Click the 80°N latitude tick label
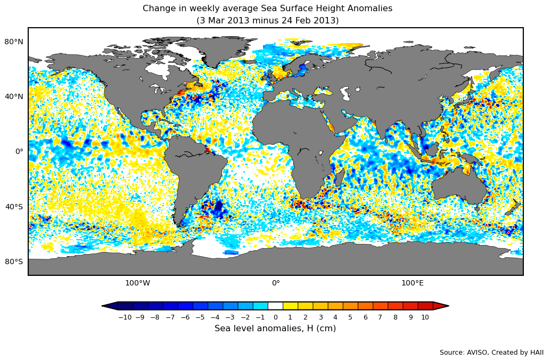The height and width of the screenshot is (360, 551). [14, 42]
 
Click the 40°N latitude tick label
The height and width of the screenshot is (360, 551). [14, 96]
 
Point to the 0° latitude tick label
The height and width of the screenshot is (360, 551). [19, 151]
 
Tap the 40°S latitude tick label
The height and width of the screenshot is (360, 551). [14, 207]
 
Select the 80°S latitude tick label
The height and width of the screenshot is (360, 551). [14, 261]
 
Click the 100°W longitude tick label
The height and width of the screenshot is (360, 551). [137, 283]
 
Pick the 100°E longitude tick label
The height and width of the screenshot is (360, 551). [413, 283]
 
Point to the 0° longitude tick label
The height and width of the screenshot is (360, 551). [276, 283]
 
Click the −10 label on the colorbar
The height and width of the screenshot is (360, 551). [125, 317]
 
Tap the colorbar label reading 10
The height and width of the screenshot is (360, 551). [425, 317]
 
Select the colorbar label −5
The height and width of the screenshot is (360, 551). [200, 317]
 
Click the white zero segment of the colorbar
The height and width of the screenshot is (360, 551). [275, 306]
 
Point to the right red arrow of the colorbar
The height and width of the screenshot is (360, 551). [441, 306]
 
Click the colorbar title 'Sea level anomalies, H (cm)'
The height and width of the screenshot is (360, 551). [275, 329]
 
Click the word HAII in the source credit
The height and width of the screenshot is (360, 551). [536, 353]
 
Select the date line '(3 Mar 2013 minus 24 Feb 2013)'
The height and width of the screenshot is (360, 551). [267, 21]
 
